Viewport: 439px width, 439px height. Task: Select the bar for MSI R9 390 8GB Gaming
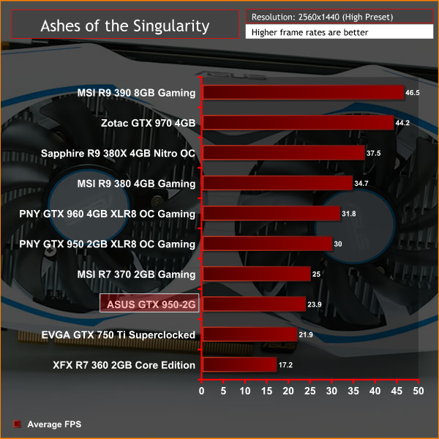coord(302,93)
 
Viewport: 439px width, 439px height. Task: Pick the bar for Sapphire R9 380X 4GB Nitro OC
coord(282,153)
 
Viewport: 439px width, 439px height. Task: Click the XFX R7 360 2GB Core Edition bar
coord(239,365)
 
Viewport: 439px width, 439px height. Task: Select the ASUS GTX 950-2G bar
coord(253,304)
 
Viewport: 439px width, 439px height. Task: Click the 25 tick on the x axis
coord(310,391)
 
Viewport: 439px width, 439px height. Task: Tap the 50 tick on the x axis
coord(419,391)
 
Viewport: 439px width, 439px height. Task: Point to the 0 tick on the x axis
coord(202,391)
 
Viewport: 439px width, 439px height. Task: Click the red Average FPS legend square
coord(16,424)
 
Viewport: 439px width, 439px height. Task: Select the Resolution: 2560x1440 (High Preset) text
coord(315,16)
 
